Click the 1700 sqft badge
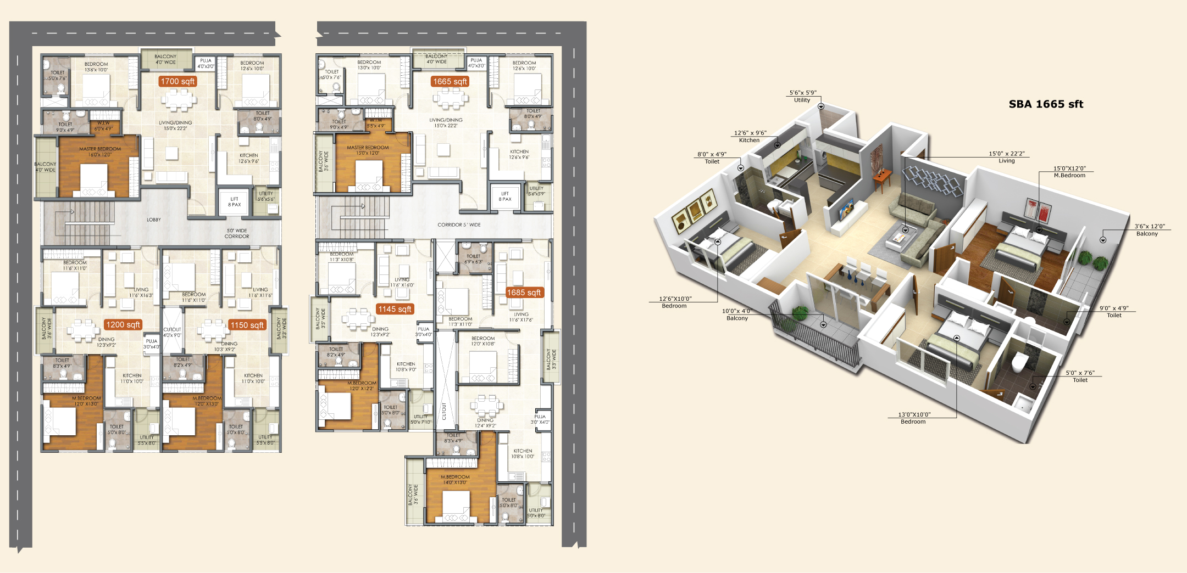(178, 81)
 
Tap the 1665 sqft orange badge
(450, 81)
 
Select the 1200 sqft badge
(123, 324)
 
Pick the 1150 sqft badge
(247, 325)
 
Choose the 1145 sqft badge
(395, 309)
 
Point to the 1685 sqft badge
(524, 293)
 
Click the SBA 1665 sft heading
(1045, 104)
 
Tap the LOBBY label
(154, 220)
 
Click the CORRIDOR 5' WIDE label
(459, 224)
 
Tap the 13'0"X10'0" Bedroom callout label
(914, 418)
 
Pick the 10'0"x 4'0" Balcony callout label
(737, 314)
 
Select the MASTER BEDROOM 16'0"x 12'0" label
(100, 151)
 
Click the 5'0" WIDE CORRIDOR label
(237, 233)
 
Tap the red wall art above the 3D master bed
(1038, 210)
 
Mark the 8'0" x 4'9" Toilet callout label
(712, 158)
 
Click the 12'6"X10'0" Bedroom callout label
(675, 302)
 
